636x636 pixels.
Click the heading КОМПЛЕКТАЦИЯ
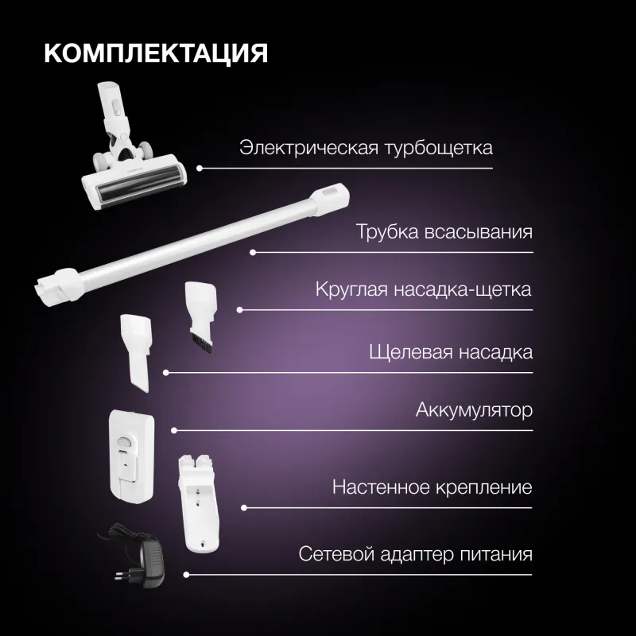(156, 54)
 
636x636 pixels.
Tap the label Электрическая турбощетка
(366, 149)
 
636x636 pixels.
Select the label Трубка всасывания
(444, 233)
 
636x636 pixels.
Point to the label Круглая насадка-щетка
(423, 289)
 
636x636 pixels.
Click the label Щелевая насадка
(451, 351)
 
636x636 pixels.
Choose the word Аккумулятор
(473, 411)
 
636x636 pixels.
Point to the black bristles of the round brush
(200, 344)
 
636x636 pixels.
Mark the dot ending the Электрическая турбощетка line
(200, 169)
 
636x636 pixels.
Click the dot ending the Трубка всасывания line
(253, 253)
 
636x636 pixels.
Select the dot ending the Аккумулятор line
(173, 431)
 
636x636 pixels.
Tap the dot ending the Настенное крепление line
(243, 507)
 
